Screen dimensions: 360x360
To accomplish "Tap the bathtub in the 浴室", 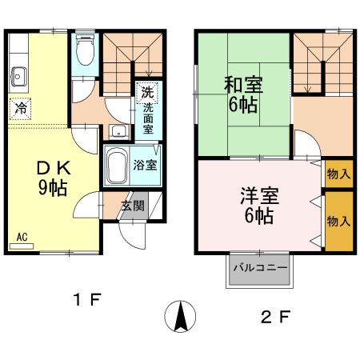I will [117, 166].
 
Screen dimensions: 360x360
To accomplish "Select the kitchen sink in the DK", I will [20, 78].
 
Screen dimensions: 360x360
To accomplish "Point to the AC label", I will [22, 238].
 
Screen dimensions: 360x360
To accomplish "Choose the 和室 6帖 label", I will [243, 94].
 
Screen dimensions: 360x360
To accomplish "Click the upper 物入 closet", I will [338, 173].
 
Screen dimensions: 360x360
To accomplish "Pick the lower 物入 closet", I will [338, 220].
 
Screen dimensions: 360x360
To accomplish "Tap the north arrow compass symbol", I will [182, 318].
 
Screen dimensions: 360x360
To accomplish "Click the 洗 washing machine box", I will [147, 92].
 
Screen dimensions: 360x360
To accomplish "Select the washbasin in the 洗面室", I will [119, 132].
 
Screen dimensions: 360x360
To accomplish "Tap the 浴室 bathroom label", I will [144, 166].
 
